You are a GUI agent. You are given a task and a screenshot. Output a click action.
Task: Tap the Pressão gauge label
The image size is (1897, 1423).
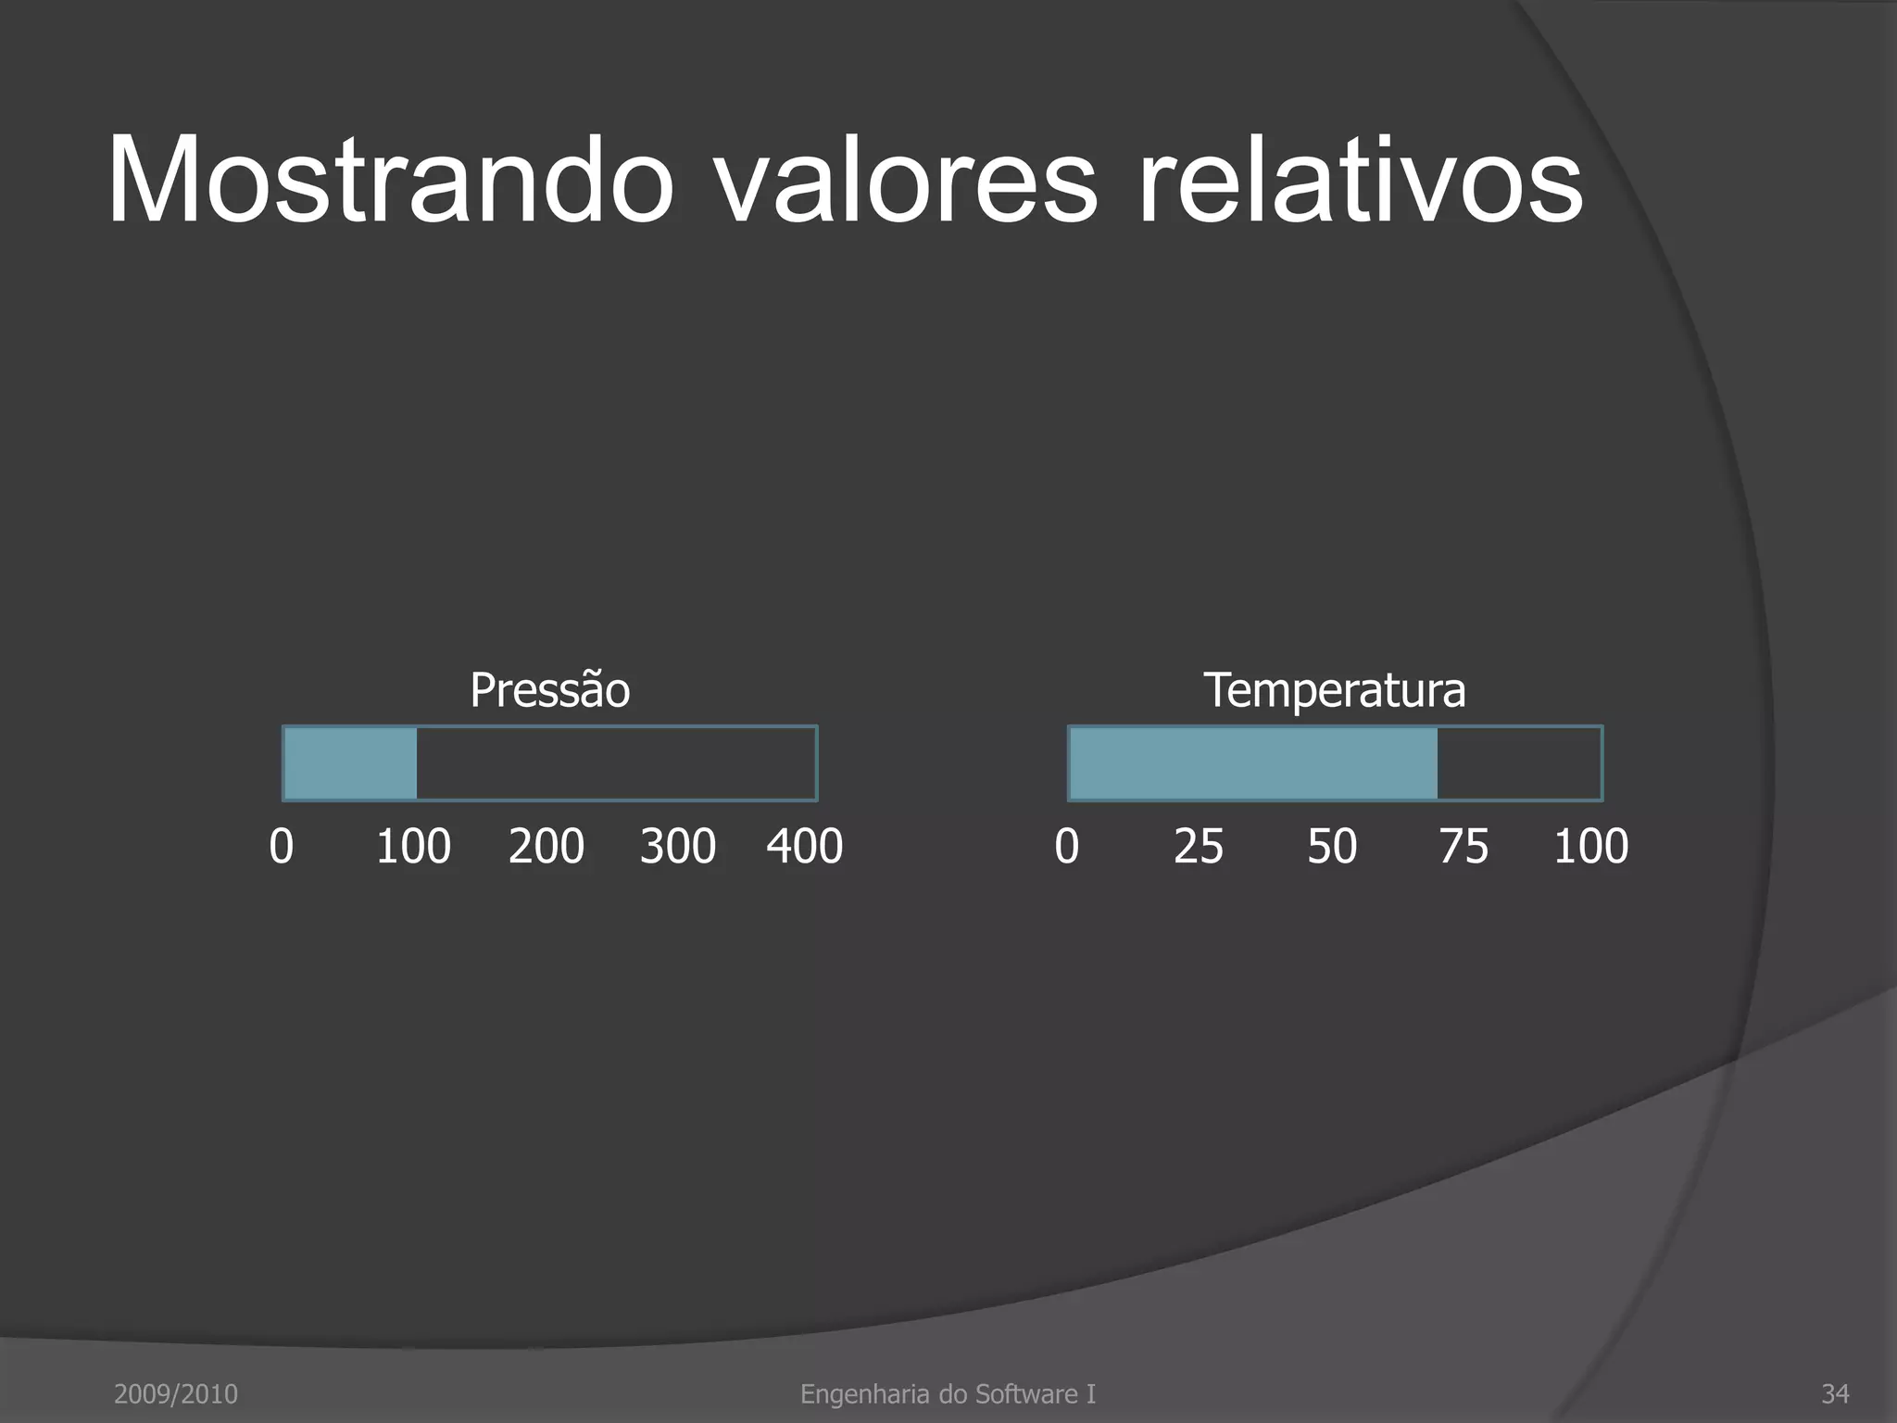pyautogui.click(x=549, y=690)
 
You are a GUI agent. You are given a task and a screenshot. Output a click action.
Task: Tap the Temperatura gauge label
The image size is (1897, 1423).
pyautogui.click(x=1334, y=690)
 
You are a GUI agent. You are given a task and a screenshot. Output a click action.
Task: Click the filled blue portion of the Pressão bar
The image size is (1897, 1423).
pyautogui.click(x=350, y=763)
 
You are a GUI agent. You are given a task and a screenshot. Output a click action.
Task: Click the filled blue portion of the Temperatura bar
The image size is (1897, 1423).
pyautogui.click(x=1252, y=763)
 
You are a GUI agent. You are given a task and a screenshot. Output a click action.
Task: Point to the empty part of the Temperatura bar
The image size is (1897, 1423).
pyautogui.click(x=1519, y=763)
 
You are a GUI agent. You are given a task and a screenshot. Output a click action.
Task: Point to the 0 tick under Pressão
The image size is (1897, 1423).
pyautogui.click(x=282, y=846)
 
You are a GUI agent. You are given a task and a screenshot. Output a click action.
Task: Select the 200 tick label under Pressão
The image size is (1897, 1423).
pyautogui.click(x=546, y=846)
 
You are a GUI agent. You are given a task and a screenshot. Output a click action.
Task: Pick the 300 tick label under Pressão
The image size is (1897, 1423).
pyautogui.click(x=677, y=846)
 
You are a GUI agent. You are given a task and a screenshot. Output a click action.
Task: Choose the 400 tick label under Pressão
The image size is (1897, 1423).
pyautogui.click(x=804, y=846)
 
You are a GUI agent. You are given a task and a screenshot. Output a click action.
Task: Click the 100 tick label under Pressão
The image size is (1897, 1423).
pyautogui.click(x=413, y=846)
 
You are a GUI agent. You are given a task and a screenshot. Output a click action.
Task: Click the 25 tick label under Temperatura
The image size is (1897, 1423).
pyautogui.click(x=1199, y=846)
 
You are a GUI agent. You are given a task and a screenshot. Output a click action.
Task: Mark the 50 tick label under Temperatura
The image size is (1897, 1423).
pyautogui.click(x=1332, y=846)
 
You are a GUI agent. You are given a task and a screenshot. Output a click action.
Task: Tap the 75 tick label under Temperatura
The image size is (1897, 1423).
pyautogui.click(x=1464, y=846)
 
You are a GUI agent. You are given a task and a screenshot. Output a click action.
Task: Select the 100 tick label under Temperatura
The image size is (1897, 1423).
pyautogui.click(x=1590, y=846)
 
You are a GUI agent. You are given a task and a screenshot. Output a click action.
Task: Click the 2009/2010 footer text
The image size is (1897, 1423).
pyautogui.click(x=176, y=1393)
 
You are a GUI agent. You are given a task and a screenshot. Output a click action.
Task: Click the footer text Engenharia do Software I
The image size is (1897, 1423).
pyautogui.click(x=948, y=1393)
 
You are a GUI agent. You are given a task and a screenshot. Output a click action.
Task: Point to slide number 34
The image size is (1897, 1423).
pyautogui.click(x=1835, y=1393)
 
